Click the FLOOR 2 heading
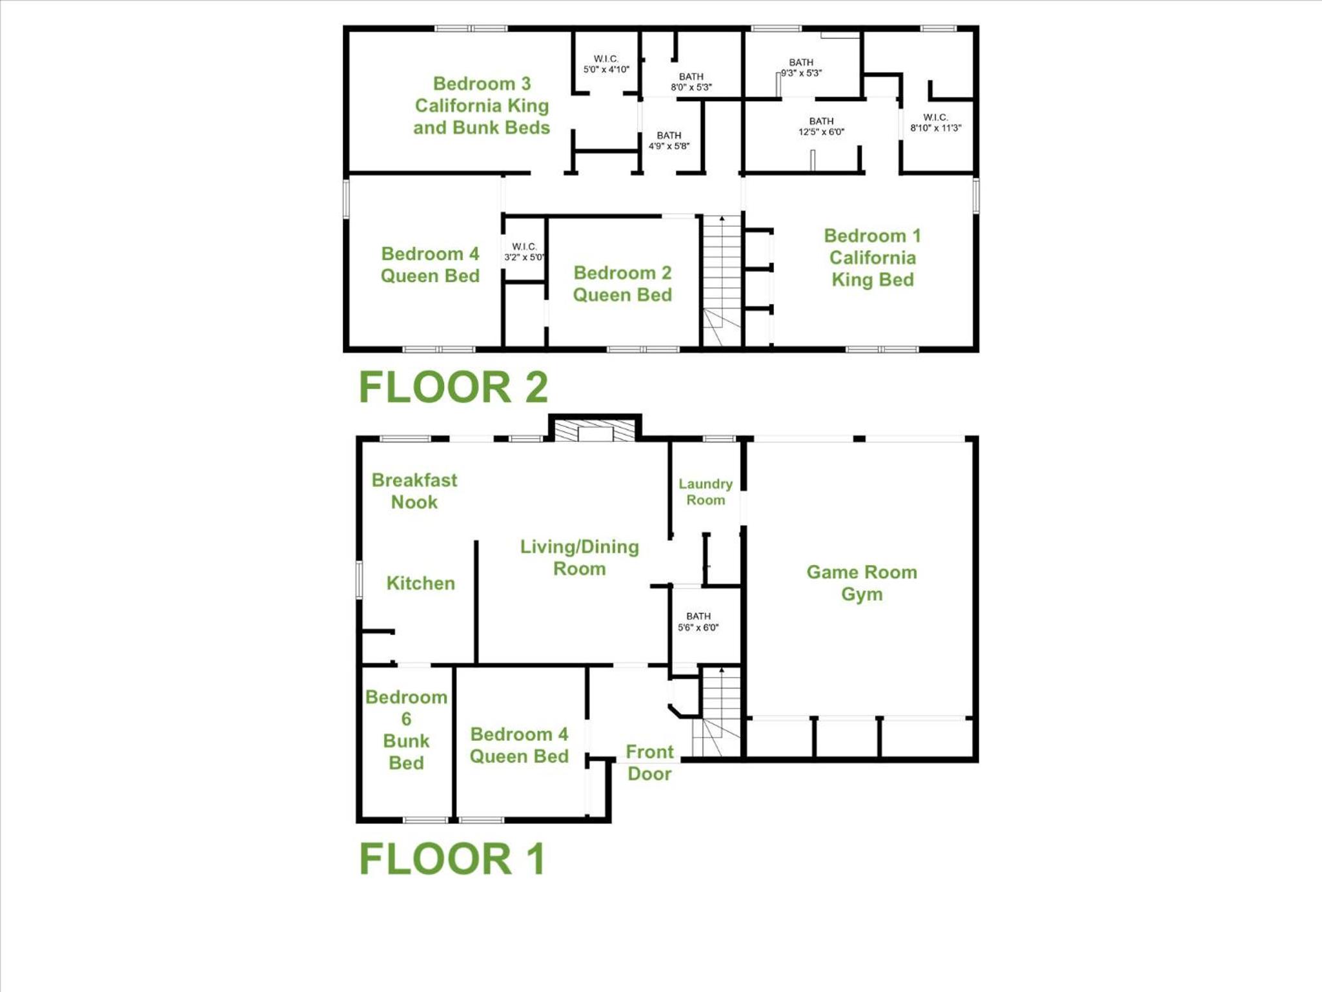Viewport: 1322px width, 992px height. [x=453, y=387]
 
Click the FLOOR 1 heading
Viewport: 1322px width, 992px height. [x=452, y=859]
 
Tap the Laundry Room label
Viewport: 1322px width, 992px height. [x=706, y=491]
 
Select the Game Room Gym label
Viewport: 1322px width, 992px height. [x=862, y=583]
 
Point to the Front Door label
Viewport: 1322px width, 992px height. [x=649, y=763]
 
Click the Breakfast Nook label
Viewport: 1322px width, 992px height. [x=414, y=491]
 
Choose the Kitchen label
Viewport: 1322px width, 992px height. [x=421, y=583]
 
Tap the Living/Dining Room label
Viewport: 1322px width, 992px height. [x=580, y=557]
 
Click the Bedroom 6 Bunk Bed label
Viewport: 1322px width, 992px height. [x=406, y=730]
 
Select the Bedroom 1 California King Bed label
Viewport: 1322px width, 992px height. [x=872, y=258]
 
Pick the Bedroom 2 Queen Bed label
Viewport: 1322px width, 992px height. [x=622, y=284]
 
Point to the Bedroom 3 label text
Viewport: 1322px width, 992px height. [x=482, y=83]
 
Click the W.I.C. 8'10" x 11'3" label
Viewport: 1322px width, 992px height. [x=935, y=123]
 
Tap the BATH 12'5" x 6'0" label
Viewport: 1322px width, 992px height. [x=821, y=127]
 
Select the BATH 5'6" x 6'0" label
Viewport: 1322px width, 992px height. [x=698, y=622]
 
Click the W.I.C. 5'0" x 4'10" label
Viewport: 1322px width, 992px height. [x=606, y=64]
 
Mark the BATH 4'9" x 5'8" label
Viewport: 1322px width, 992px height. [x=669, y=141]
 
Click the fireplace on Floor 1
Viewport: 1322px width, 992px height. [x=595, y=428]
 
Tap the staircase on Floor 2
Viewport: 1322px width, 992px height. [x=722, y=282]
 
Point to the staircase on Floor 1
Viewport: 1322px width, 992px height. [x=717, y=712]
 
